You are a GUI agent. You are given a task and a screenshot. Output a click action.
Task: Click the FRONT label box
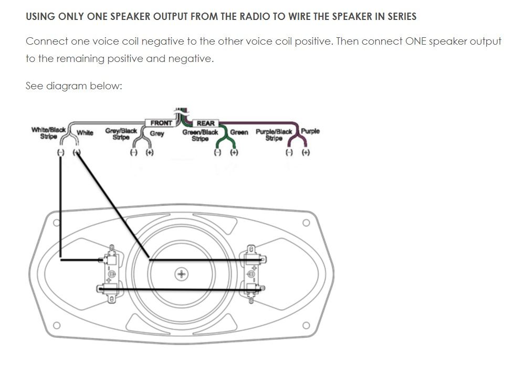click(161, 123)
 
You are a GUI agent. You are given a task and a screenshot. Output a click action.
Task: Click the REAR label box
click(205, 123)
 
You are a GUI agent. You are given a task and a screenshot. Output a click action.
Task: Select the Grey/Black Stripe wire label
click(121, 134)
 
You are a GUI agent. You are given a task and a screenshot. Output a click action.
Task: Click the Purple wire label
click(310, 131)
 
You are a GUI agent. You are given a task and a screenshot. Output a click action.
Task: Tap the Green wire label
click(239, 132)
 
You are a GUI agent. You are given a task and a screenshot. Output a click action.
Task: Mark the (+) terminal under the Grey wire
click(150, 153)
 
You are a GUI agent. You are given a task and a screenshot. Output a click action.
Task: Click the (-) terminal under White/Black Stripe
click(61, 152)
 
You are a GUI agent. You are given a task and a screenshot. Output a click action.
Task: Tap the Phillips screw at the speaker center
click(182, 274)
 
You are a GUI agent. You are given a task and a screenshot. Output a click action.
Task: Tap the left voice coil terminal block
click(111, 274)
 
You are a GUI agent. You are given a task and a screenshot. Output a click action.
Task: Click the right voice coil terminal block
click(251, 274)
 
